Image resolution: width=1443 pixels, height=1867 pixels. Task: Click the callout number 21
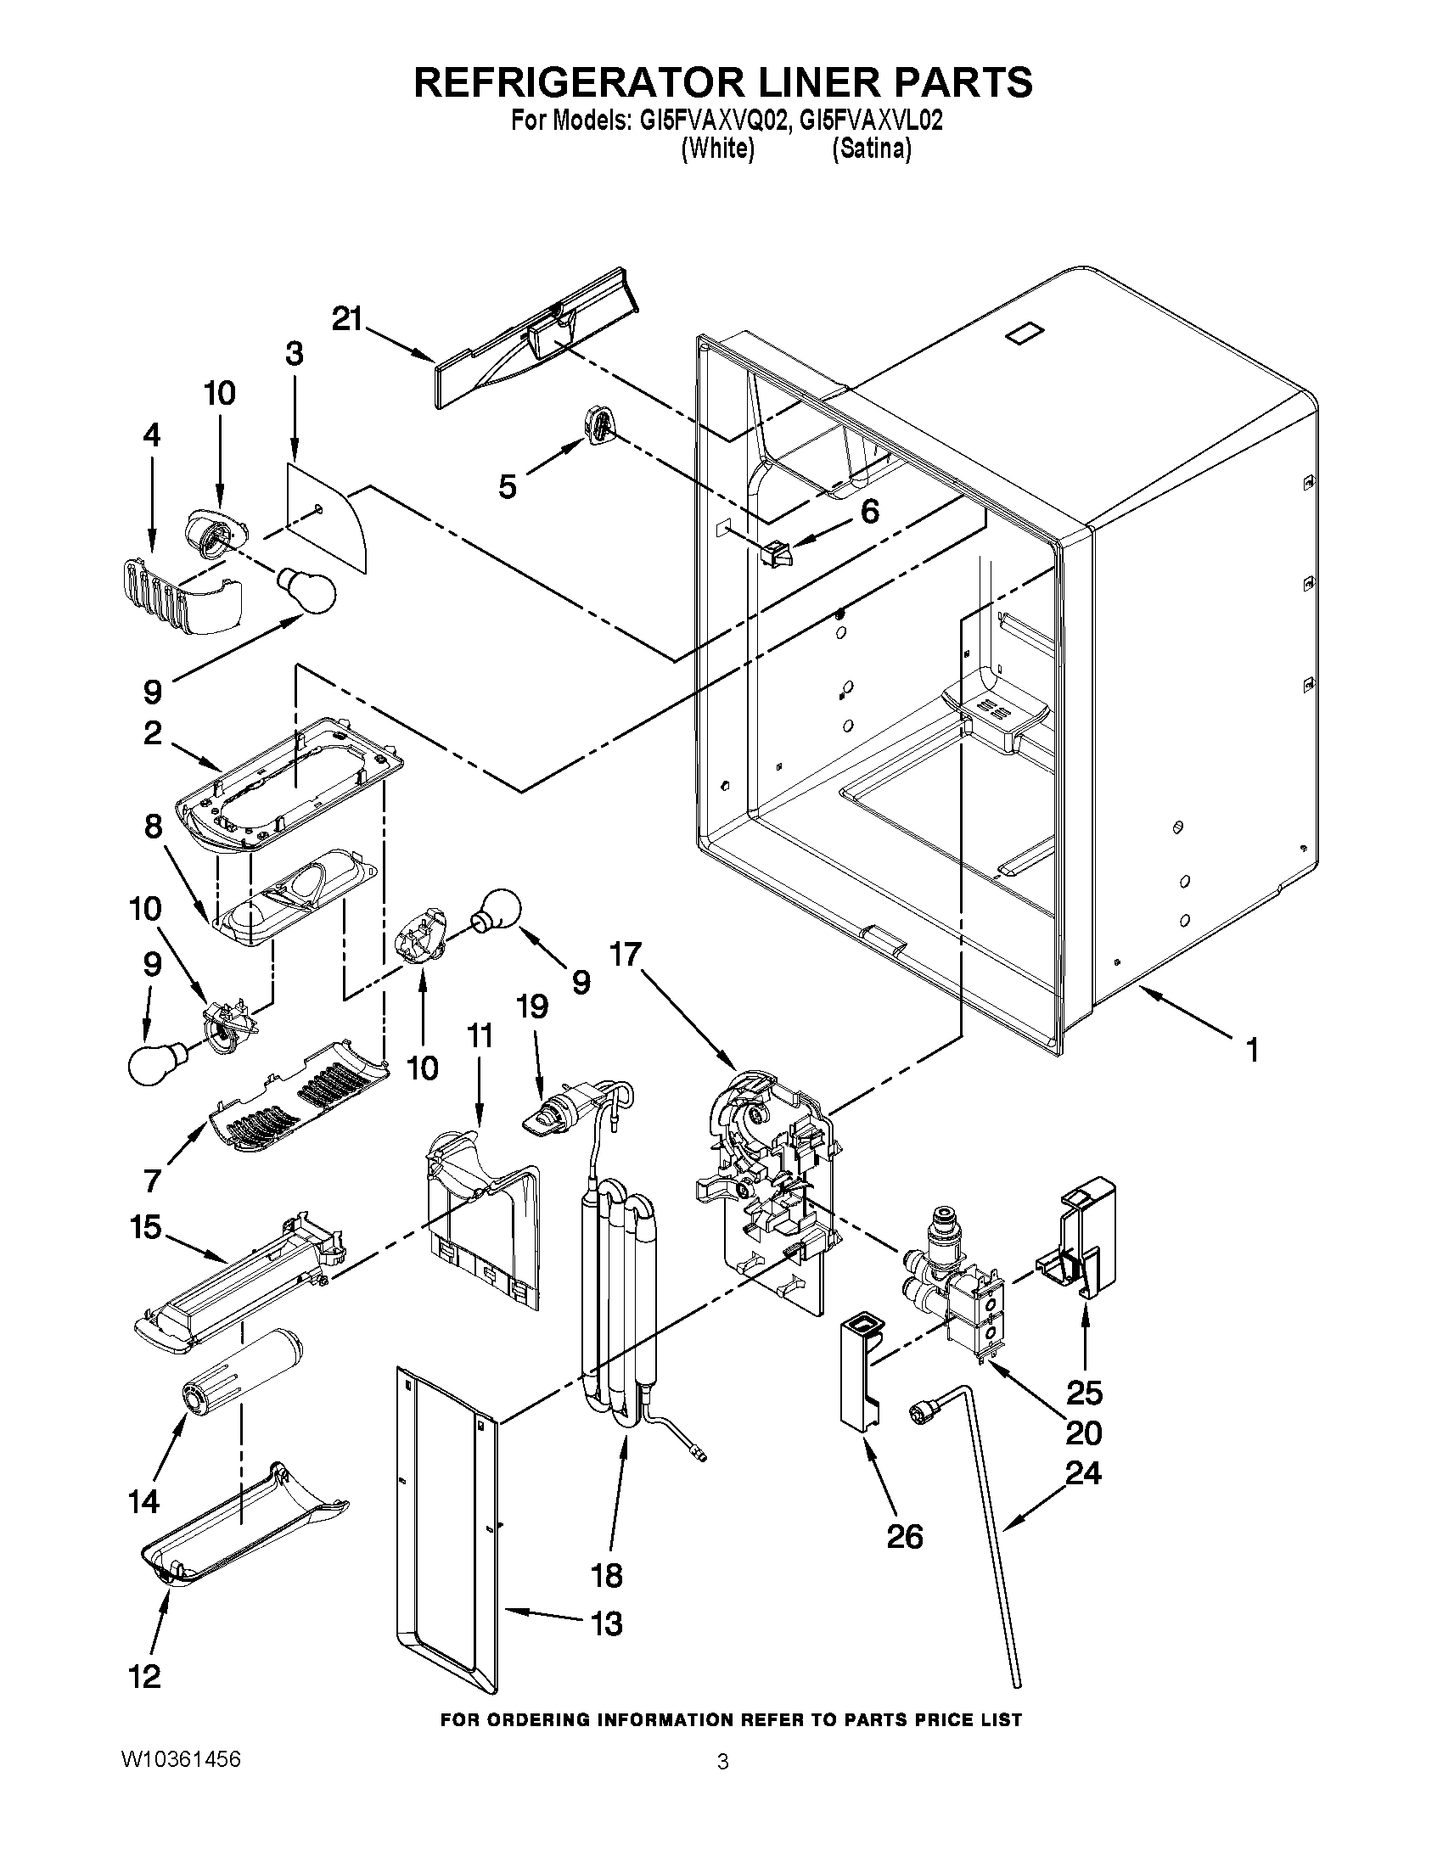347,319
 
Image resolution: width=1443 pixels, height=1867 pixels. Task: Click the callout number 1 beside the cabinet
1251,1050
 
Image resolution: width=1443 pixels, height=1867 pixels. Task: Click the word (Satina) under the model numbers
871,149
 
